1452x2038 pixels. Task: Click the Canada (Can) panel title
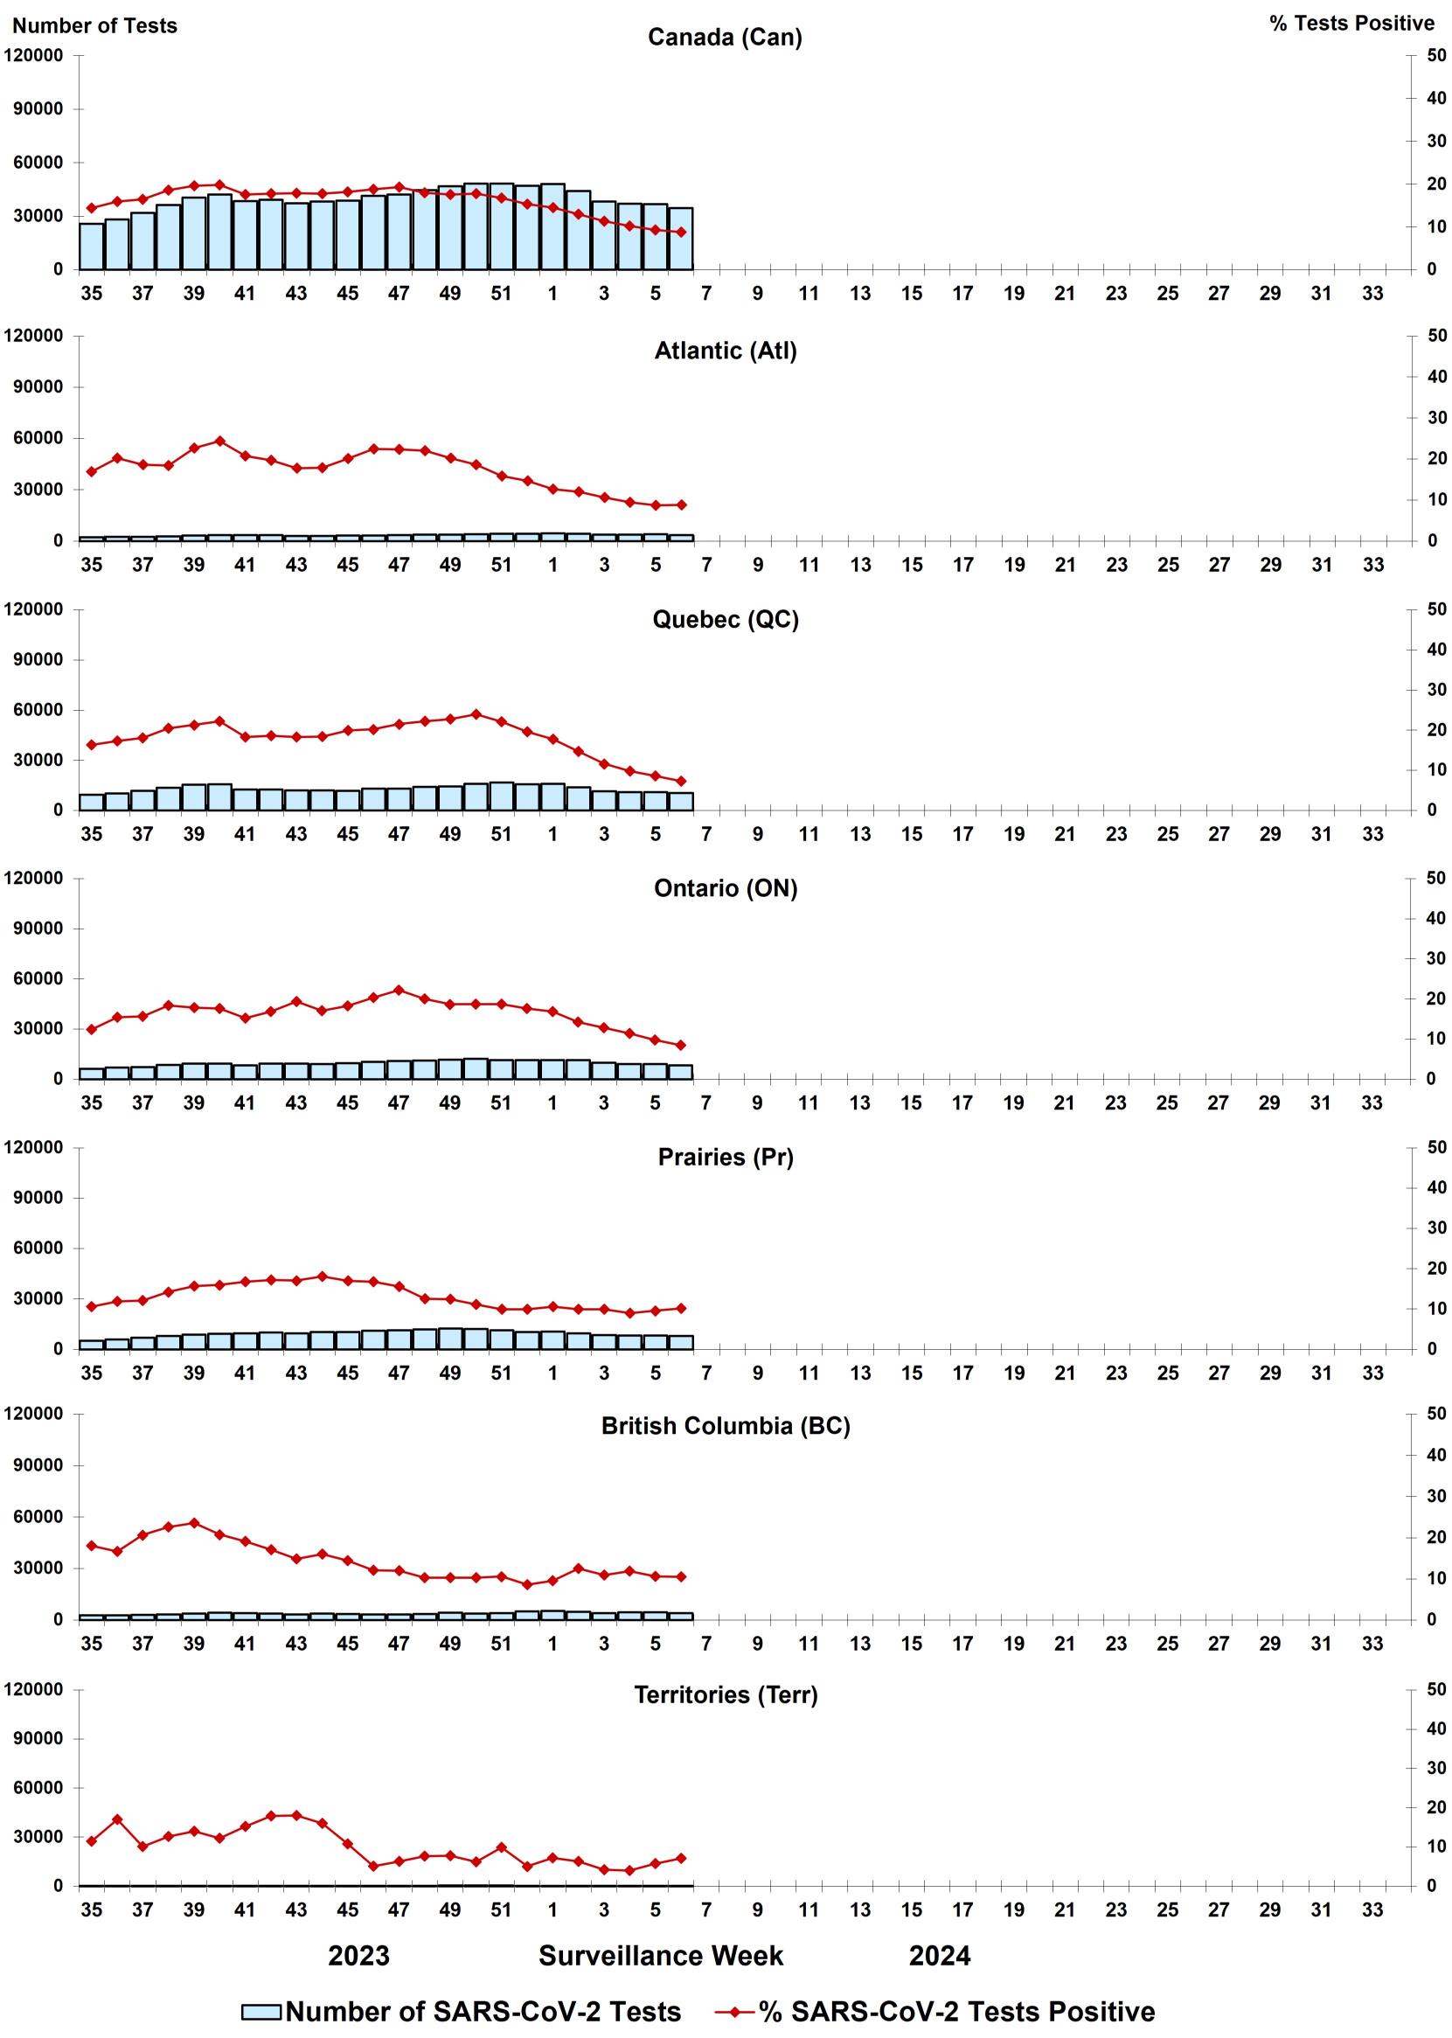[724, 38]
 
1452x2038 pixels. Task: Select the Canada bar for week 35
[91, 246]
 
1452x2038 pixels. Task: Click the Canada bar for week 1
[552, 227]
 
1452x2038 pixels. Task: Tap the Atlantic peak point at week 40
[220, 441]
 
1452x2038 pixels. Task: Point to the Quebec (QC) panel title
[725, 619]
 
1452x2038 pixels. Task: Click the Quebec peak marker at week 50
[476, 713]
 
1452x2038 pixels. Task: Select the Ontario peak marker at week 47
[399, 990]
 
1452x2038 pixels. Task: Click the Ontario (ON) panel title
[725, 888]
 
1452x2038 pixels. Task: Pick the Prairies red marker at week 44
[322, 1276]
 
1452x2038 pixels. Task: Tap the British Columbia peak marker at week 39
[194, 1522]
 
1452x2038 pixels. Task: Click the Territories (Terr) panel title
[725, 1694]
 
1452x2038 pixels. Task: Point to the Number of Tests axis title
[94, 25]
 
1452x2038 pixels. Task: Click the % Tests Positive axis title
[1351, 24]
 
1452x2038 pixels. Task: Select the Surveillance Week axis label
[660, 1956]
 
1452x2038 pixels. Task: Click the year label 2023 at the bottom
[358, 1956]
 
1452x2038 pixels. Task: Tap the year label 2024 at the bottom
[939, 1956]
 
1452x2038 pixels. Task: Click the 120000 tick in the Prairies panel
[33, 1147]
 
